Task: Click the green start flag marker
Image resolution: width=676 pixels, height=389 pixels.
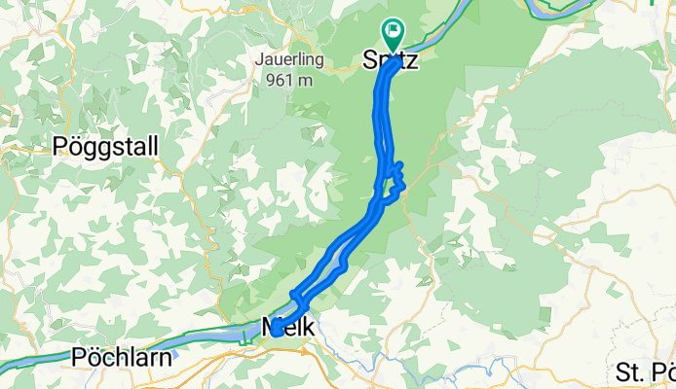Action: (x=394, y=31)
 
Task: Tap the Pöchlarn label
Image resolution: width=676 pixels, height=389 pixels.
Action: (x=122, y=357)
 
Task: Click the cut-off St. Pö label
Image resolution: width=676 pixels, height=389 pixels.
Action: (x=646, y=371)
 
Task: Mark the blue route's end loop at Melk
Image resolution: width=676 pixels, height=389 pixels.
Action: (x=278, y=329)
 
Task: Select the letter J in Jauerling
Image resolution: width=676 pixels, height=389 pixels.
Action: (x=259, y=58)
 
